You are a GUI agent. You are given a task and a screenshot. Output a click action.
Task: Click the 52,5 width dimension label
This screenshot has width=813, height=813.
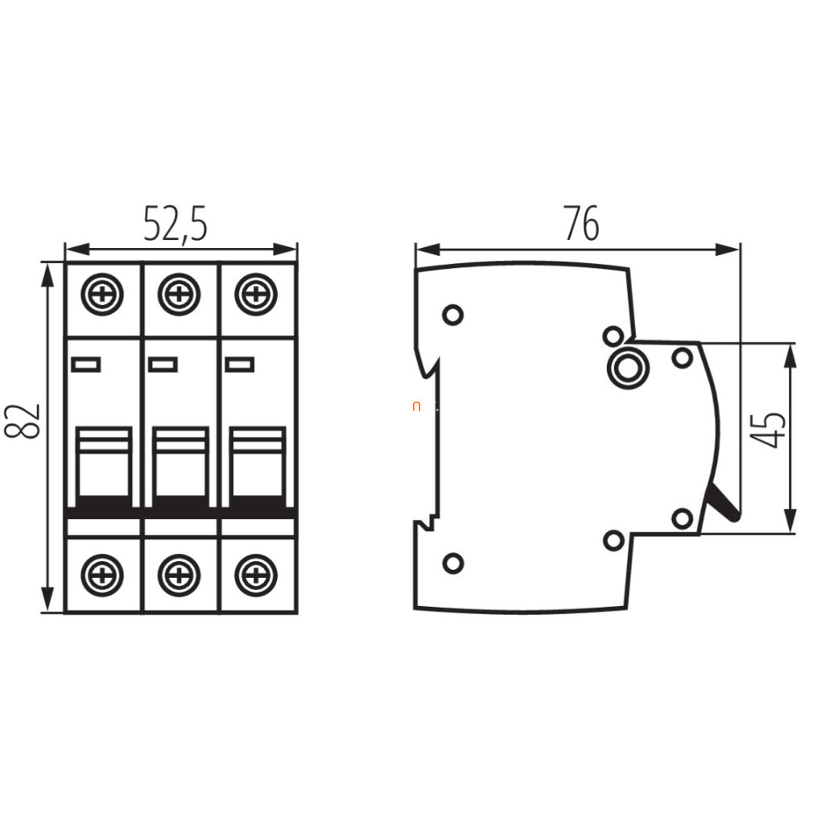(x=175, y=225)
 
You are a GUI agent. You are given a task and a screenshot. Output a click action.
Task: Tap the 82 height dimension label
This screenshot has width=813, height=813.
(x=23, y=421)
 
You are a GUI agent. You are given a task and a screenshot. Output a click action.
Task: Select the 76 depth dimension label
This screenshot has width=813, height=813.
(x=582, y=224)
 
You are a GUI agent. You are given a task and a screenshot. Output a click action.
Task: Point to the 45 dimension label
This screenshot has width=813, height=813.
(x=769, y=430)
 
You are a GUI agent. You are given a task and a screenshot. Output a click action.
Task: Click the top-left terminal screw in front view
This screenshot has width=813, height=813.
(x=102, y=295)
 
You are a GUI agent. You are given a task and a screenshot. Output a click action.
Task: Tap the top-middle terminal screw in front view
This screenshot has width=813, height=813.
(x=179, y=295)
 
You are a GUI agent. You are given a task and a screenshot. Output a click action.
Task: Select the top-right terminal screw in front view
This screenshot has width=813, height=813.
(x=256, y=295)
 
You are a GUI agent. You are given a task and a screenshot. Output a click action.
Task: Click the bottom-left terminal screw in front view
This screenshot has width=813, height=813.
(x=102, y=575)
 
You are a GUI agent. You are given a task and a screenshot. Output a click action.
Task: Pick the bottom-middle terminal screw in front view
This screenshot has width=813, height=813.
(x=179, y=575)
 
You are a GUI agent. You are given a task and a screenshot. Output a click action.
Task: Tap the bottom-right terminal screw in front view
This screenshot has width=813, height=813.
(x=256, y=575)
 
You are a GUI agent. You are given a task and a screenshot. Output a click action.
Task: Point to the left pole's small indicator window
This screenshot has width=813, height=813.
(x=86, y=365)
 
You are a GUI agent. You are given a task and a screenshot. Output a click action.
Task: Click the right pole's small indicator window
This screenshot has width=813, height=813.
(x=240, y=365)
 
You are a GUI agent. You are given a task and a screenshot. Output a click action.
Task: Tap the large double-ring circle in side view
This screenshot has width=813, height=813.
(x=628, y=368)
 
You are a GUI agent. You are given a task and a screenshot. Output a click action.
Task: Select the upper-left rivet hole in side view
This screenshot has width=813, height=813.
(x=452, y=315)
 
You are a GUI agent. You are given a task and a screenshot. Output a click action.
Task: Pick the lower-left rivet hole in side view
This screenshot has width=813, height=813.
(x=453, y=563)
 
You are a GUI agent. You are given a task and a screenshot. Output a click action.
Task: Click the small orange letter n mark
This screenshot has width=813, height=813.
(x=416, y=406)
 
